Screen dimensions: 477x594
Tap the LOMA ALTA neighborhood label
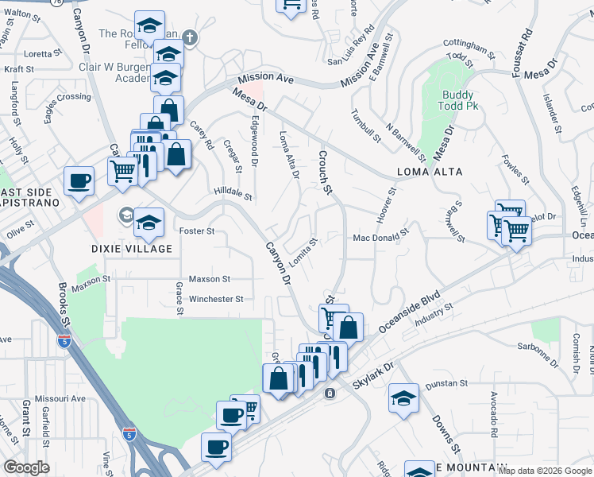(428, 171)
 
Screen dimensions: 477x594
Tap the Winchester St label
(215, 299)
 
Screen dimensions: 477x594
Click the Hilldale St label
(233, 193)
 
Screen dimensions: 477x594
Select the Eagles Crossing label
(67, 98)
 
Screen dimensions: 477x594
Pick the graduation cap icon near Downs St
(403, 397)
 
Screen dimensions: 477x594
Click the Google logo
(26, 467)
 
